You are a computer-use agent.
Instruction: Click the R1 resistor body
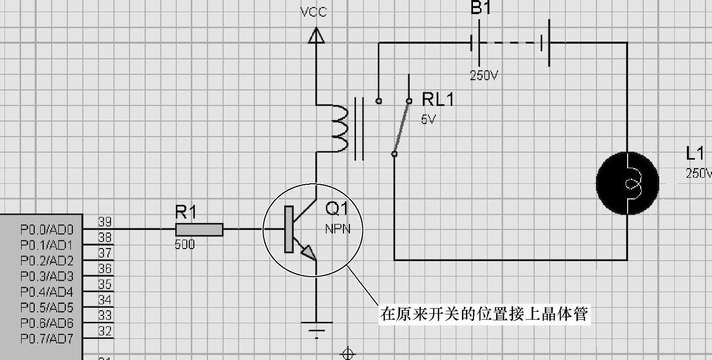tap(199, 229)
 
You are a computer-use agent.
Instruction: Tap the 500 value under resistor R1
tap(185, 244)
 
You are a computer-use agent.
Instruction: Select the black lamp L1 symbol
tap(628, 183)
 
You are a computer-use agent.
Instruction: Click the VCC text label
tap(313, 12)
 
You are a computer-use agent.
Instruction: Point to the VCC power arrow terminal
tap(316, 35)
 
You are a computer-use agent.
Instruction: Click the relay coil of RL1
tap(339, 128)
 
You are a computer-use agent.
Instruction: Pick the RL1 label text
tap(438, 99)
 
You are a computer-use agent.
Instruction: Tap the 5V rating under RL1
tap(428, 119)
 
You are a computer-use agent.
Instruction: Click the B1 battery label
tap(481, 8)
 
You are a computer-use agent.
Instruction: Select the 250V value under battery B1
tap(484, 75)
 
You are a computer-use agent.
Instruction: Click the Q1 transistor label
tap(337, 208)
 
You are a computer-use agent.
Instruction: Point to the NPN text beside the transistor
tap(337, 229)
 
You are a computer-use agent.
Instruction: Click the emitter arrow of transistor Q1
tap(308, 252)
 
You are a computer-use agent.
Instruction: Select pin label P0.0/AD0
tap(47, 229)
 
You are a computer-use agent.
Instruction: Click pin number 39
tap(105, 221)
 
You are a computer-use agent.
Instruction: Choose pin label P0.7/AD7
tap(47, 339)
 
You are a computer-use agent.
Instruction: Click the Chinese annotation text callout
tap(484, 314)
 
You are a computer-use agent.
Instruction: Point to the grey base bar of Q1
tap(289, 229)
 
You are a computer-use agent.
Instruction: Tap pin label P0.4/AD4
tap(47, 292)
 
